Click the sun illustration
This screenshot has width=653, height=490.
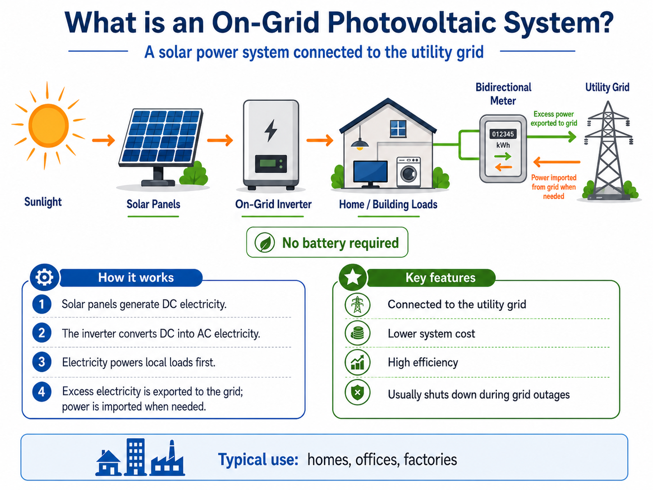[x=49, y=125]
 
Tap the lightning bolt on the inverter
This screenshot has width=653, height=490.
[x=271, y=130]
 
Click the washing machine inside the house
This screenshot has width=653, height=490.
[x=409, y=172]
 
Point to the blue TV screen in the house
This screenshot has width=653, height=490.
[x=370, y=171]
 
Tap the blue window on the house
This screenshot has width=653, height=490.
[x=398, y=129]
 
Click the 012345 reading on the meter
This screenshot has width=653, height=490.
[x=503, y=134]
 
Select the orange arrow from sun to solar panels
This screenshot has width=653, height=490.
[x=104, y=140]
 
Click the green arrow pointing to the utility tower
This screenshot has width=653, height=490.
[x=551, y=137]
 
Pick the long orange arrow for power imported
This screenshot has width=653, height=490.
[x=556, y=162]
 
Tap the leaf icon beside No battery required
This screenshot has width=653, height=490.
[x=264, y=242]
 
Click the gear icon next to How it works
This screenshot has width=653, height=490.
[x=44, y=277]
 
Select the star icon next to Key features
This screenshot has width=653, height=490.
[x=353, y=277]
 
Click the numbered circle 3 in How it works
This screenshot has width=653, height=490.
[x=41, y=362]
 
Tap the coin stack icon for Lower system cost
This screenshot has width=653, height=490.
[x=357, y=333]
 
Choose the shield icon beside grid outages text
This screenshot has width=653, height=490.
[x=357, y=393]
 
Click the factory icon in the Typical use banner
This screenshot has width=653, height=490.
[x=168, y=458]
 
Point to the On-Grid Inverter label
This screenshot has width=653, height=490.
[x=273, y=204]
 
